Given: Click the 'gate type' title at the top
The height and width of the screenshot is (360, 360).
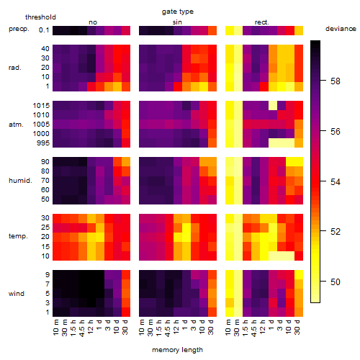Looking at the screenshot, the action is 178,12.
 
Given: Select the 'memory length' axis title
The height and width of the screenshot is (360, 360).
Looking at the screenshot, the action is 177,350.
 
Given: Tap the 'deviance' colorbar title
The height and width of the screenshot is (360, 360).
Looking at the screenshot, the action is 341,29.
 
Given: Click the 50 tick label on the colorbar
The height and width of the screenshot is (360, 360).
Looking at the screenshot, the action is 336,282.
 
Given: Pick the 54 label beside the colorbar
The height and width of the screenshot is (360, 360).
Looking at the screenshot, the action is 336,181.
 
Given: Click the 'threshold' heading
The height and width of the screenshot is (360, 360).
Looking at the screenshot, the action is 40,17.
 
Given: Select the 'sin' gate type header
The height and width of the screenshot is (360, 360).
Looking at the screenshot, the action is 177,22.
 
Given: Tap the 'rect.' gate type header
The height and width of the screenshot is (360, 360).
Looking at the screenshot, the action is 261,22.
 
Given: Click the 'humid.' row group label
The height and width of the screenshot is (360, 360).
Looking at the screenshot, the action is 20,181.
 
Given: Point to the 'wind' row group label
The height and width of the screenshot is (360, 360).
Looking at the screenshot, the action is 17,294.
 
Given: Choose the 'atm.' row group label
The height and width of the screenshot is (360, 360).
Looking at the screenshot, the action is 16,125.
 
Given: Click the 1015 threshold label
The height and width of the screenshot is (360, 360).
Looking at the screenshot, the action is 41,106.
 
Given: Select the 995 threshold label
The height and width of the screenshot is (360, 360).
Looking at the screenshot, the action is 43,143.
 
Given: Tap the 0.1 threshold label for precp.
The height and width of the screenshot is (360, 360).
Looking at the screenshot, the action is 44,30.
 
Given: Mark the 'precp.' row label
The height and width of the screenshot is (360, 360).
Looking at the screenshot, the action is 19,29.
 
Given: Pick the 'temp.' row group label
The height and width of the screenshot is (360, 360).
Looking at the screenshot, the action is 18,236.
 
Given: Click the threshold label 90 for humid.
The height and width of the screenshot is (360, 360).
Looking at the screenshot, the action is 45,162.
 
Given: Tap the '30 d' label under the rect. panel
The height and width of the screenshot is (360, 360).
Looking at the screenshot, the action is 297,327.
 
